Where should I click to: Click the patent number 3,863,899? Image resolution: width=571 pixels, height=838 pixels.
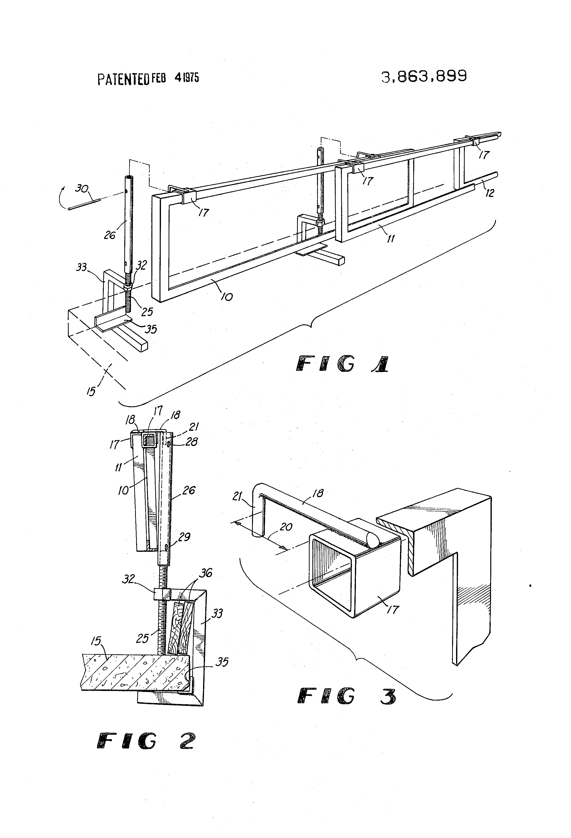coord(424,76)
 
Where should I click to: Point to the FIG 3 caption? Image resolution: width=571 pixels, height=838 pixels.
coord(347,696)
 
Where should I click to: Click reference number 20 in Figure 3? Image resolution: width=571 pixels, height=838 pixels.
coord(286,527)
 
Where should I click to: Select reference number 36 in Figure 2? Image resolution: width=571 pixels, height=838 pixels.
coord(206,573)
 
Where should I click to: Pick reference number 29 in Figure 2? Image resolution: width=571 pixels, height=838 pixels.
coord(184,537)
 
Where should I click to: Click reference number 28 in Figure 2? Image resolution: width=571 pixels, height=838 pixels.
coord(191,441)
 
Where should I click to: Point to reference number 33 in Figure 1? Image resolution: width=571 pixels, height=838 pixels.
coord(81,267)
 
